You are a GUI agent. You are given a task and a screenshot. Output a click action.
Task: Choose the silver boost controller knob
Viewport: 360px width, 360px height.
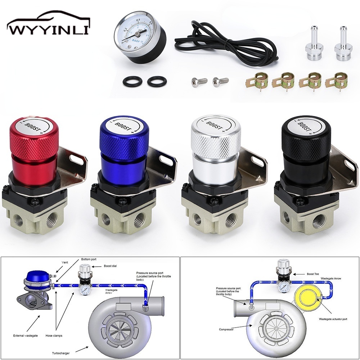click(215, 144)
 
